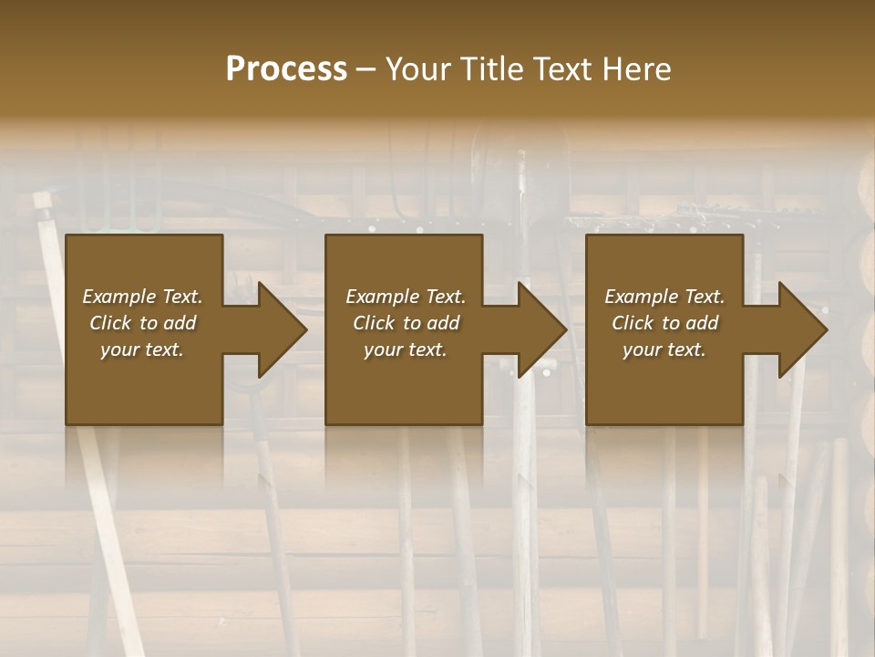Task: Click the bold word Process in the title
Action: click(286, 69)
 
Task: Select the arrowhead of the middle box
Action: click(541, 329)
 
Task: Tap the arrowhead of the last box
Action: click(802, 329)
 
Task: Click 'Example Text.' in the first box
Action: click(142, 297)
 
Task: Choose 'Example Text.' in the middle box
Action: click(406, 297)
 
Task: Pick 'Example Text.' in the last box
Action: click(664, 297)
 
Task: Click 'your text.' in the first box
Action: click(142, 349)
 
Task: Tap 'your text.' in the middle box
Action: click(406, 349)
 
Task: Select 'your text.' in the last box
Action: click(664, 349)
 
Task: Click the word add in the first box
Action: click(180, 323)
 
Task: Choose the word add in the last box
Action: click(703, 323)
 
